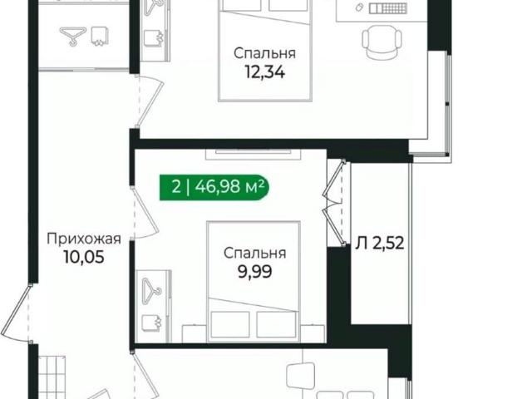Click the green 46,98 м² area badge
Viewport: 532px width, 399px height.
215,186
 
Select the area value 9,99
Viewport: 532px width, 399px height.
254,269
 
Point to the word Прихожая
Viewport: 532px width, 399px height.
84,239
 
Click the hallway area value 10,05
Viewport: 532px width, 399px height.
84,256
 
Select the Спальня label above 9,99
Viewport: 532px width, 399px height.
254,253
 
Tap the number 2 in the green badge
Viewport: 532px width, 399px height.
175,186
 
